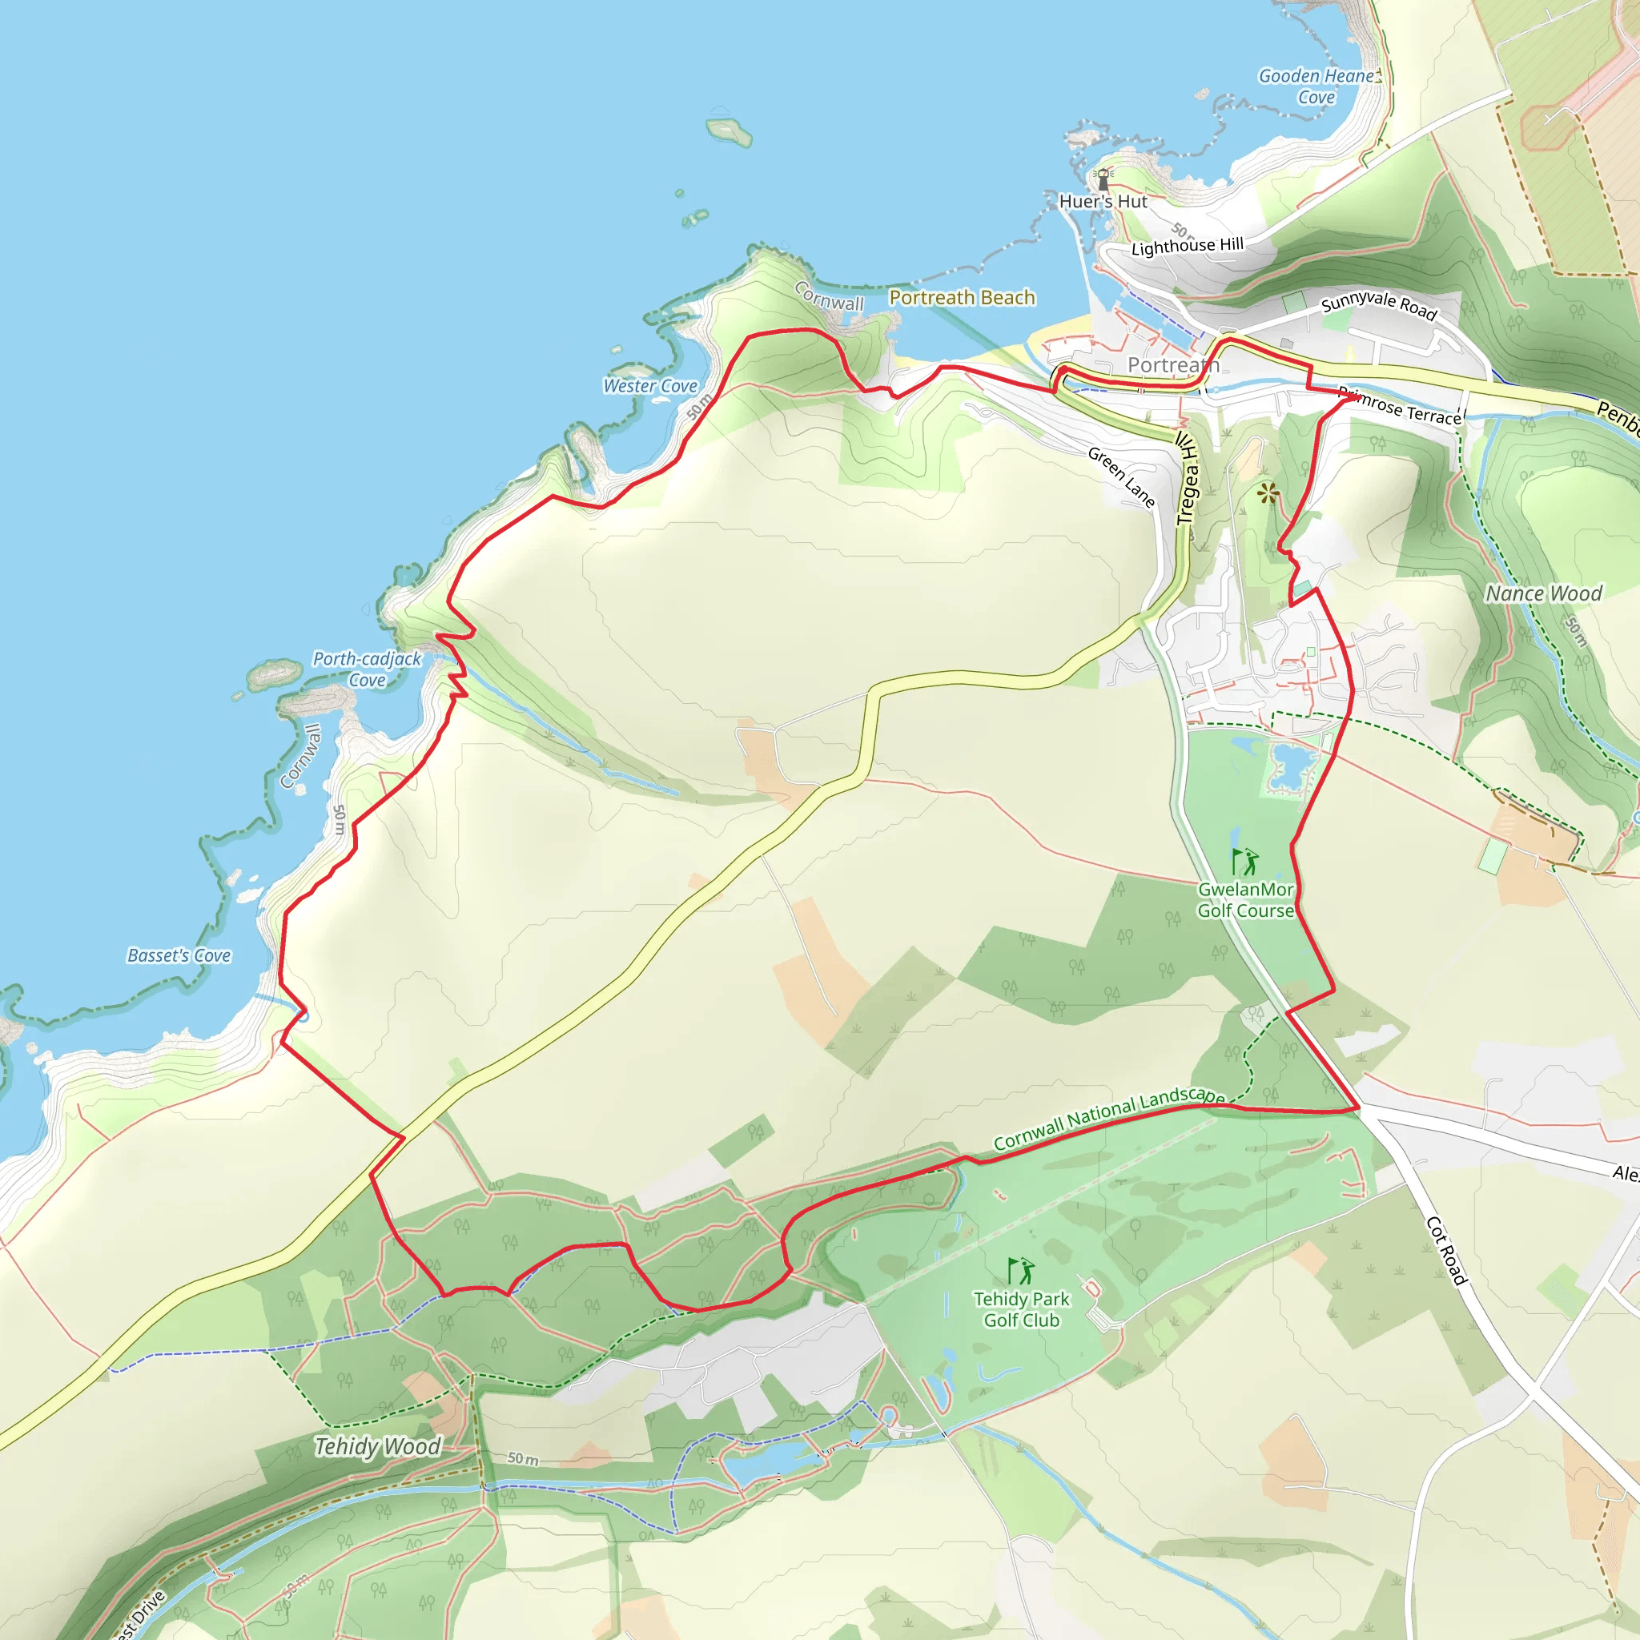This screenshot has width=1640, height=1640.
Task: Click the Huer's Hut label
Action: [x=1103, y=201]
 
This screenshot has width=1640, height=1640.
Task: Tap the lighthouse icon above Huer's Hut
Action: [x=1103, y=179]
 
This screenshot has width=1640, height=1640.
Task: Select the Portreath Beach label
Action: [x=962, y=297]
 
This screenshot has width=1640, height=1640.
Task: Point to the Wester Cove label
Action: [x=650, y=385]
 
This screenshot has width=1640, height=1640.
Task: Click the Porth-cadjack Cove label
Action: [x=367, y=669]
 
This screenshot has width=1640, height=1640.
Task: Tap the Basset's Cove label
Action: [x=179, y=955]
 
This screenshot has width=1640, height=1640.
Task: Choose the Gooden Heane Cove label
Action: [x=1316, y=86]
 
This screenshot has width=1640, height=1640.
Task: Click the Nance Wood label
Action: [x=1543, y=593]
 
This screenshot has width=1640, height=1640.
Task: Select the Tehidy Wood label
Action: [x=378, y=1445]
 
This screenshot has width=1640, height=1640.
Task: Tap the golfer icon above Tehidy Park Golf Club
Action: [x=1021, y=1271]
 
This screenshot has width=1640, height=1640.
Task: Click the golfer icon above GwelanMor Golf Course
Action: [x=1245, y=862]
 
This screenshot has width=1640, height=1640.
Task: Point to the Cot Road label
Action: [x=1446, y=1250]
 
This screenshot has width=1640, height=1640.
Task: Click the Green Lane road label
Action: [x=1121, y=477]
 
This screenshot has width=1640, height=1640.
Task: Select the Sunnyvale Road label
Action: [x=1379, y=306]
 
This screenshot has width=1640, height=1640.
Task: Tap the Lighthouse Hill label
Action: [x=1187, y=246]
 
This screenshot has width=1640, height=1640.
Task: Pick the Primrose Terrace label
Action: [x=1400, y=406]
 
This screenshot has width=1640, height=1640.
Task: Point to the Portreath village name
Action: [x=1173, y=365]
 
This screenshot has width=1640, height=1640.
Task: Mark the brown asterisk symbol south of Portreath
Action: [x=1268, y=493]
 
